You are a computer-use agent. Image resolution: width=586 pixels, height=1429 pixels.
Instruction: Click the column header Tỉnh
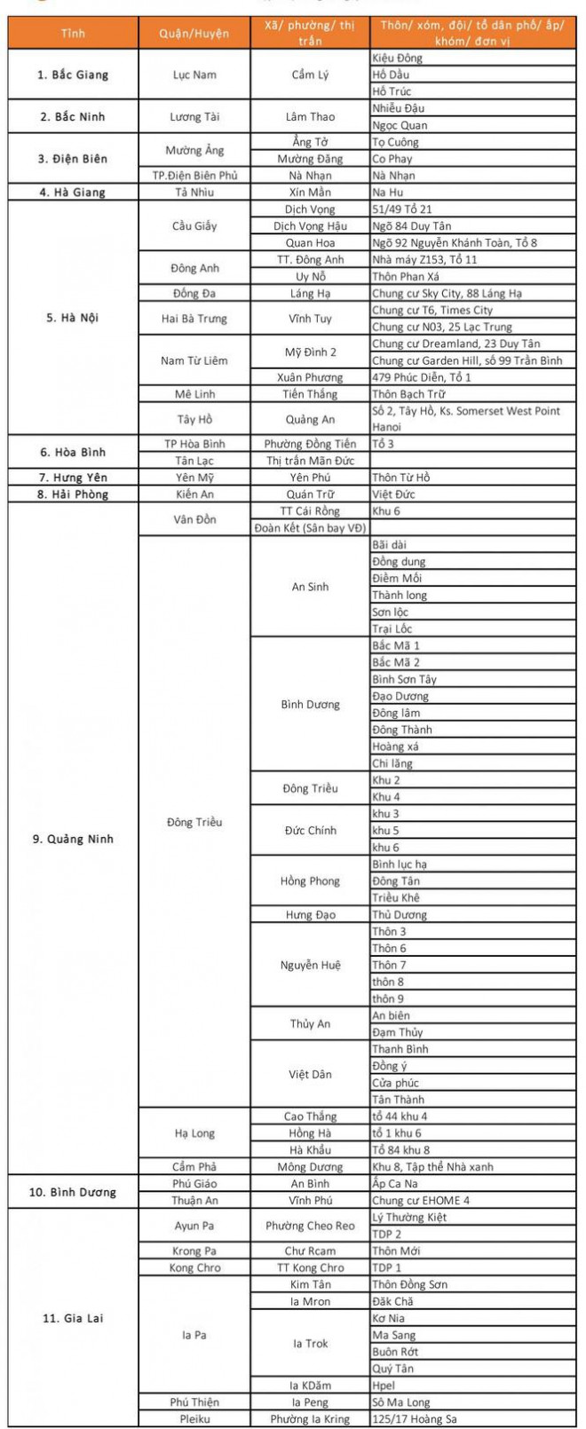point(73,33)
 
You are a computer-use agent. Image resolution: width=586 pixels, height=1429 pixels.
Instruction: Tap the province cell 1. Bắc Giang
point(73,75)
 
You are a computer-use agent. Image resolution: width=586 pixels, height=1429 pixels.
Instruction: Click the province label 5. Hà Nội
point(73,318)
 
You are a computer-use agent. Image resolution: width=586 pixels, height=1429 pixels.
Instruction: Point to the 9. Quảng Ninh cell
point(73,839)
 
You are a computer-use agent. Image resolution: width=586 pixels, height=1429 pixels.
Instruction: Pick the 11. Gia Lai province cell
point(73,1318)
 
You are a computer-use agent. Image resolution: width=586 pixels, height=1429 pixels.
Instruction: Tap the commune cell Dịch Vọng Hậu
point(310,226)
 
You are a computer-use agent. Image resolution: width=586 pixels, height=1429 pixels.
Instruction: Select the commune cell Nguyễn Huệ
point(310,965)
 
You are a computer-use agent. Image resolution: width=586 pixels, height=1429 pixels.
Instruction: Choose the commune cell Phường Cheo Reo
point(310,1226)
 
